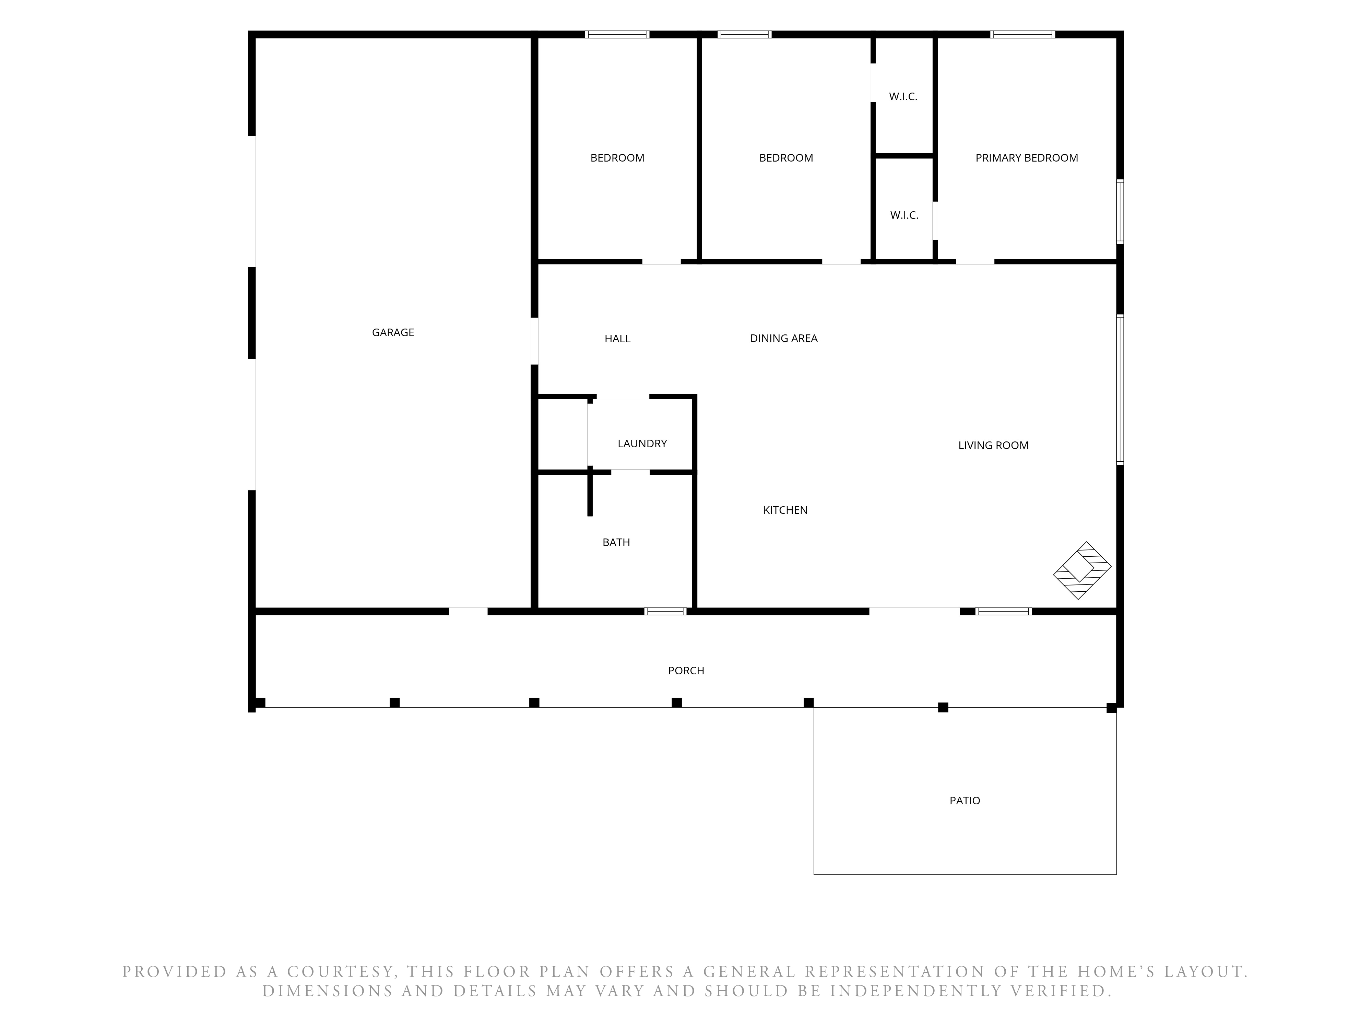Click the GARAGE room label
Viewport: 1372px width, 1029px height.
[393, 332]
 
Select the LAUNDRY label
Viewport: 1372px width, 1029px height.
[642, 443]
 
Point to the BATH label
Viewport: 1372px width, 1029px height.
[616, 542]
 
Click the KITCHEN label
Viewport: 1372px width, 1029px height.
[785, 510]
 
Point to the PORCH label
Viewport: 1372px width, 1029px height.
[686, 671]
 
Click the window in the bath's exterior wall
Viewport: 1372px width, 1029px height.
[665, 612]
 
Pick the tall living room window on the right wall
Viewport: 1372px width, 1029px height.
[1120, 390]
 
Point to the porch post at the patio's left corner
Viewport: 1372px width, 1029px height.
[809, 703]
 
